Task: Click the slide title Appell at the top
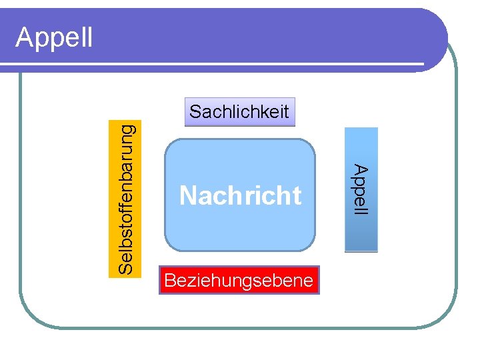(x=54, y=37)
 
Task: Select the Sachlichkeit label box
(x=239, y=112)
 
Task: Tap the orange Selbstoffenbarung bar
(x=126, y=197)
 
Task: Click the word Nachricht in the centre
(x=240, y=196)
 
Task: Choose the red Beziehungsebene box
(x=239, y=281)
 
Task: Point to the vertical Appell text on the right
(x=361, y=189)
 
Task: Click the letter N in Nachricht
(x=187, y=196)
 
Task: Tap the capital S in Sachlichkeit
(x=195, y=111)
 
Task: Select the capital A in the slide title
(x=25, y=37)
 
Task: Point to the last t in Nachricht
(x=297, y=196)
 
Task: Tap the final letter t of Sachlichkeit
(x=286, y=111)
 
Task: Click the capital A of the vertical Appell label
(x=361, y=169)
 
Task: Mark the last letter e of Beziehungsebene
(x=307, y=281)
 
